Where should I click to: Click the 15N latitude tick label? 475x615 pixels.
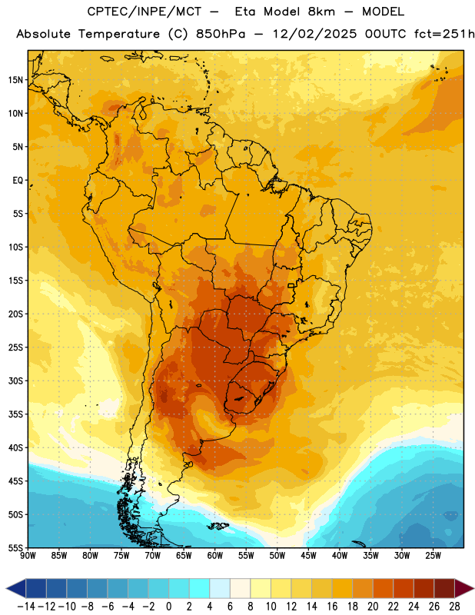[x=15, y=80]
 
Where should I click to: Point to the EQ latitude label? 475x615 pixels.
[x=18, y=181]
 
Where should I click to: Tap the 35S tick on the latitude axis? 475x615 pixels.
[x=15, y=414]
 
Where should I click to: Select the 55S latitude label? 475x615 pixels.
[x=15, y=547]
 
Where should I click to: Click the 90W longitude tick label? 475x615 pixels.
[x=28, y=556]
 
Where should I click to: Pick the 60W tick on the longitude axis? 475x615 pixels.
[x=215, y=556]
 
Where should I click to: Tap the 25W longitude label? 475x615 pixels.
[x=433, y=556]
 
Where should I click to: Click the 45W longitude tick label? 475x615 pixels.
[x=308, y=556]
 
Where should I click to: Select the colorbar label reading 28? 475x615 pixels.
[x=454, y=607]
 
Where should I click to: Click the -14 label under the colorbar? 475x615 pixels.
[x=26, y=607]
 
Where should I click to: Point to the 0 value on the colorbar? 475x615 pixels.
[x=168, y=607]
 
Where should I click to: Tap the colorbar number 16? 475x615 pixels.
[x=332, y=607]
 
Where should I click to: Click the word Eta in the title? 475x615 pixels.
[x=245, y=12]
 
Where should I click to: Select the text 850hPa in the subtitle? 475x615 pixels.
[x=221, y=34]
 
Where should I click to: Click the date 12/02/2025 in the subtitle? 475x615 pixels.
[x=315, y=34]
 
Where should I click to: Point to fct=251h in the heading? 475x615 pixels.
[x=444, y=34]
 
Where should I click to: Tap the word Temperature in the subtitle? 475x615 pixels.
[x=119, y=35]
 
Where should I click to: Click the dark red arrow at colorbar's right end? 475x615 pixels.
[x=464, y=588]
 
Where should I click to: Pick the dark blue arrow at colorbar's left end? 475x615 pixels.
[x=16, y=588]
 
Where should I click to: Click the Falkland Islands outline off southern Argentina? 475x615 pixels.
[x=218, y=526]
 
